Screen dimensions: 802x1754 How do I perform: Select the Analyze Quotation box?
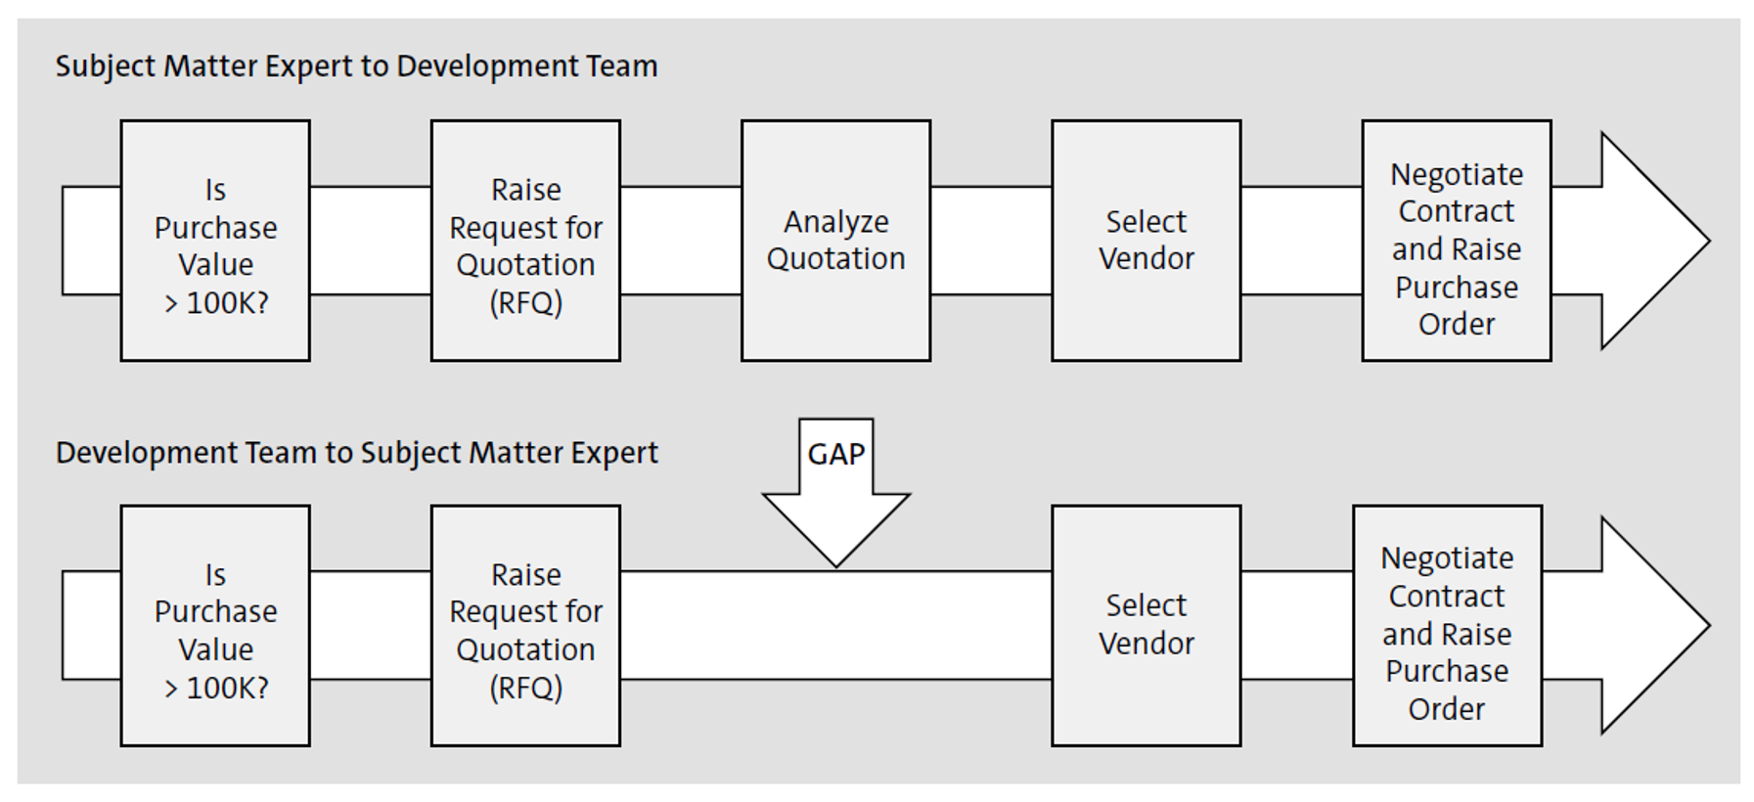pos(835,241)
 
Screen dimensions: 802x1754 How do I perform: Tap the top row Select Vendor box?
pos(1146,241)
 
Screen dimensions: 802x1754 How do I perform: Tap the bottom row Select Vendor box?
pos(1146,625)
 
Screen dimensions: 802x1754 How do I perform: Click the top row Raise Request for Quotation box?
pos(525,241)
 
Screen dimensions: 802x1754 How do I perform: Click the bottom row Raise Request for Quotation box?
pos(525,625)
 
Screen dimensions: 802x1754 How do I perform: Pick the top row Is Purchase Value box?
pos(215,241)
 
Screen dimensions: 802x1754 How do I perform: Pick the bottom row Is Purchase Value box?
pos(215,625)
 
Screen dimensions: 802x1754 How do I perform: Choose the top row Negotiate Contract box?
pos(1456,241)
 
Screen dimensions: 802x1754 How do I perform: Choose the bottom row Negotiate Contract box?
pos(1447,625)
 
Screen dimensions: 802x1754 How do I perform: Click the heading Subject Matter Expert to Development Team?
pos(356,67)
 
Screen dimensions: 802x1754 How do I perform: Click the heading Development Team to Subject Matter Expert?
pos(356,453)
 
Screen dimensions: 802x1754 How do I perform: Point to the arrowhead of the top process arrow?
pos(1653,241)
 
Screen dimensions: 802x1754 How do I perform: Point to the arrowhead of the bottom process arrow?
pos(1653,625)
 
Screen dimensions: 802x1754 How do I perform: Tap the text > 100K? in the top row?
pos(215,303)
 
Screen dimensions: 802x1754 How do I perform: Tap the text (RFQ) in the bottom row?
pos(525,688)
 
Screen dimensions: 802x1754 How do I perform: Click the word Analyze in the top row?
pos(835,222)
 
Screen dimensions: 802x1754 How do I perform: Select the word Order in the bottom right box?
pos(1446,709)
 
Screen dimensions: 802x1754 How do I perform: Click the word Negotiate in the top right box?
pos(1456,174)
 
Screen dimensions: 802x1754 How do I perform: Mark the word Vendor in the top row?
pos(1146,259)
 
